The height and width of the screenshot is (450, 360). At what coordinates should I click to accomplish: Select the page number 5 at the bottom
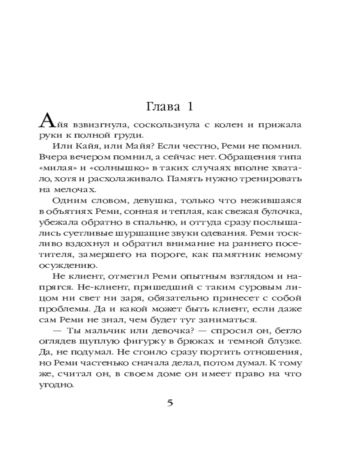tap(170, 402)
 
